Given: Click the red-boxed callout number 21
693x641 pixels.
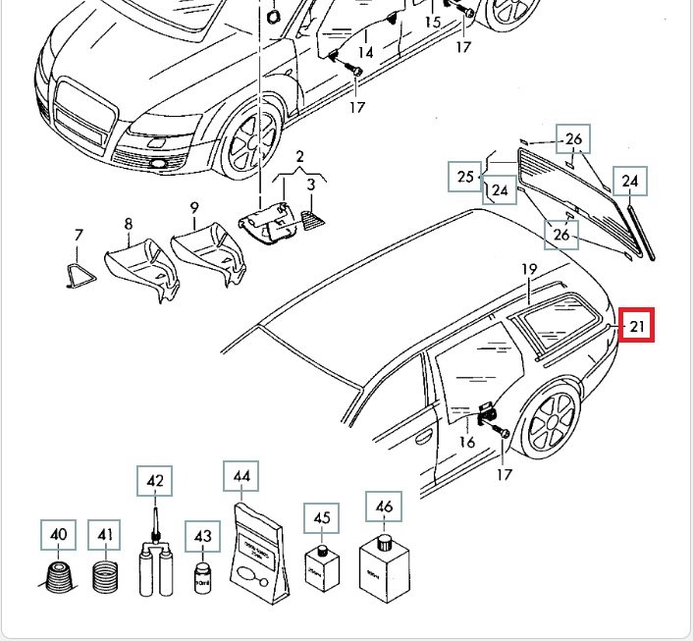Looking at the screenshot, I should (637, 327).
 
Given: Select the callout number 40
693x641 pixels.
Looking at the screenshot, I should (59, 535).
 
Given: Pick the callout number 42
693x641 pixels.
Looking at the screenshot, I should (155, 481).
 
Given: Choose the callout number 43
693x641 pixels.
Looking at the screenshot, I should (202, 537).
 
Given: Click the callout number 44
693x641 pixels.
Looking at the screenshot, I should (242, 477).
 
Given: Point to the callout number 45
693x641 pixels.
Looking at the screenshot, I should (322, 517).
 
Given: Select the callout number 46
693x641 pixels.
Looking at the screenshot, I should (384, 507).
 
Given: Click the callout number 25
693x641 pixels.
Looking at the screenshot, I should (466, 177).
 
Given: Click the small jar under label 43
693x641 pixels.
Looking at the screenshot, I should (203, 576).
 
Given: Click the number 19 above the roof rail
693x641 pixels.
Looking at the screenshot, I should (529, 269).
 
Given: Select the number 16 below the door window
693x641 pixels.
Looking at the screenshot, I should (467, 443).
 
